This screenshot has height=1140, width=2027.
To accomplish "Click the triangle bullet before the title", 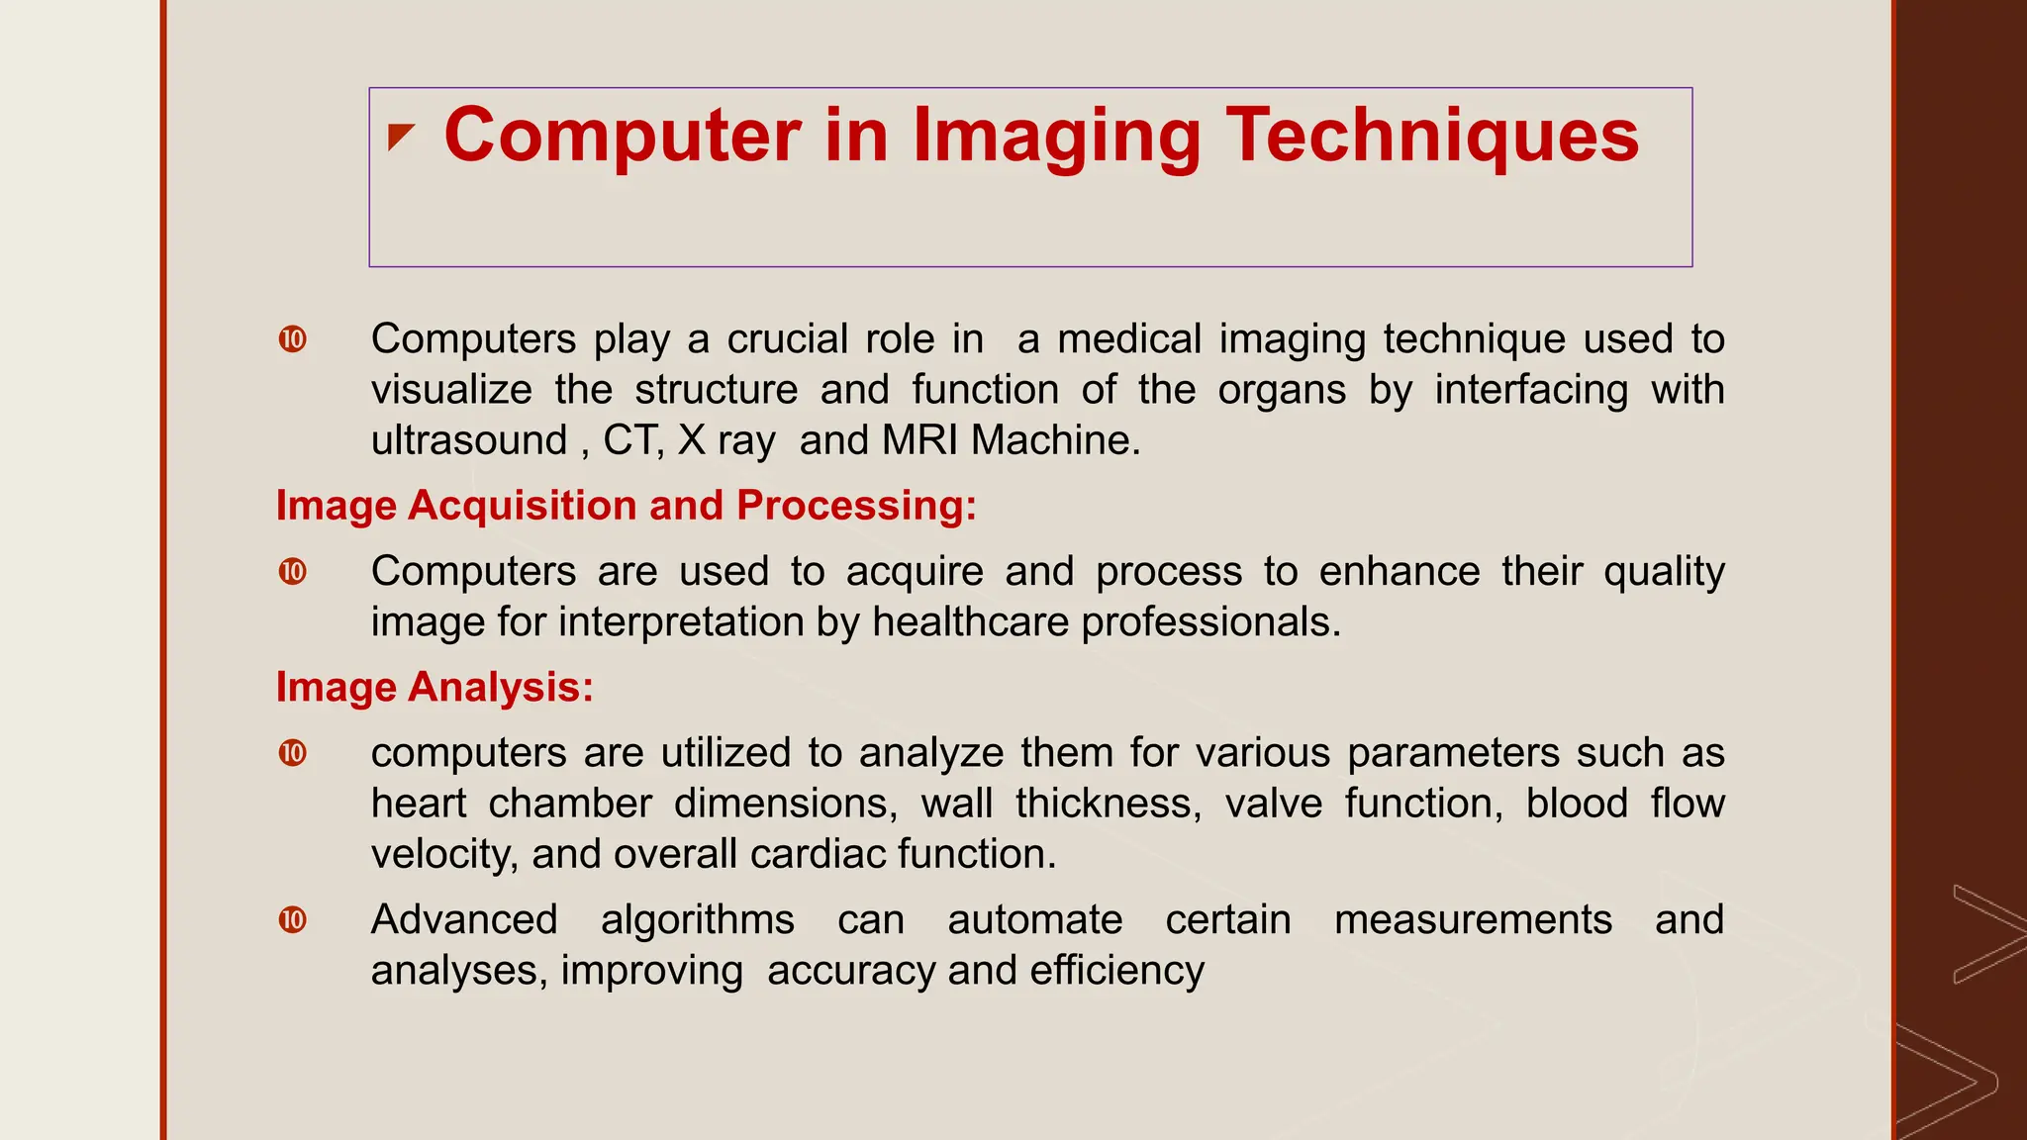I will tap(400, 137).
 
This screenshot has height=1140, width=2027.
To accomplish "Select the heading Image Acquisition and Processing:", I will tap(626, 506).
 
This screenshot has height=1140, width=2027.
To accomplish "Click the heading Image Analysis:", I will tap(434, 688).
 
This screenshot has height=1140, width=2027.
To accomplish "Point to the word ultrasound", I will tap(469, 440).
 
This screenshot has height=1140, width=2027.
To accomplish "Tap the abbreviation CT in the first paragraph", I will tap(630, 440).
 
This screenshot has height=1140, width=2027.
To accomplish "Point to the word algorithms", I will tap(697, 920).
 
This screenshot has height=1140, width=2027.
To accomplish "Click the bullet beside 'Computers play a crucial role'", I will tap(293, 339).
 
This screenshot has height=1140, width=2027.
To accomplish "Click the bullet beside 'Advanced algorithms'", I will tap(293, 920).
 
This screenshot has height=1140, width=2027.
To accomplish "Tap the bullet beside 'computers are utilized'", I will tap(293, 753).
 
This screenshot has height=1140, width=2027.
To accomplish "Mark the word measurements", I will tap(1473, 920).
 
